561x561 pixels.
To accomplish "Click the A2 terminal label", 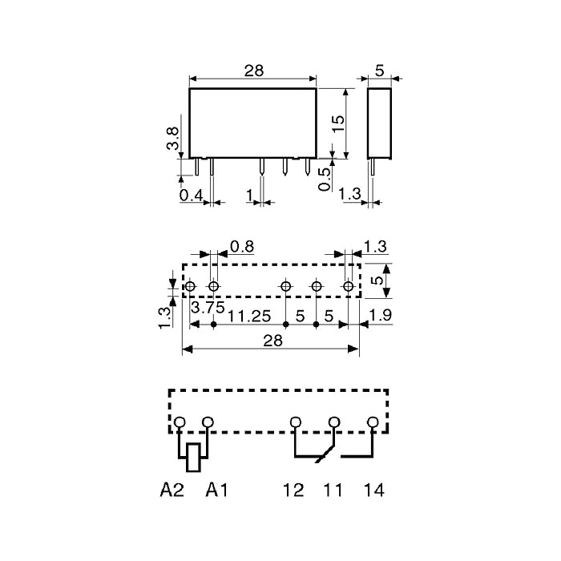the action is (x=172, y=490).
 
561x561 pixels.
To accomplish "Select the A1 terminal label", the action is (x=217, y=490).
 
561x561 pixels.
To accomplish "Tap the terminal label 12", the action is (x=293, y=490).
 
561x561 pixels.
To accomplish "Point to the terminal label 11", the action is (x=333, y=490).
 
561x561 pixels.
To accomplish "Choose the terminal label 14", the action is (x=374, y=490).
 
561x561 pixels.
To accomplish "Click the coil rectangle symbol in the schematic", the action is (x=193, y=458).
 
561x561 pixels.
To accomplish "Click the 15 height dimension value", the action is (x=338, y=123).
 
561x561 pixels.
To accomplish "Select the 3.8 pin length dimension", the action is (x=172, y=139).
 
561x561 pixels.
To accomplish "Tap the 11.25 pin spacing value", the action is (x=249, y=317).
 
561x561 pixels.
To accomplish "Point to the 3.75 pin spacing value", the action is (x=208, y=307).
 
